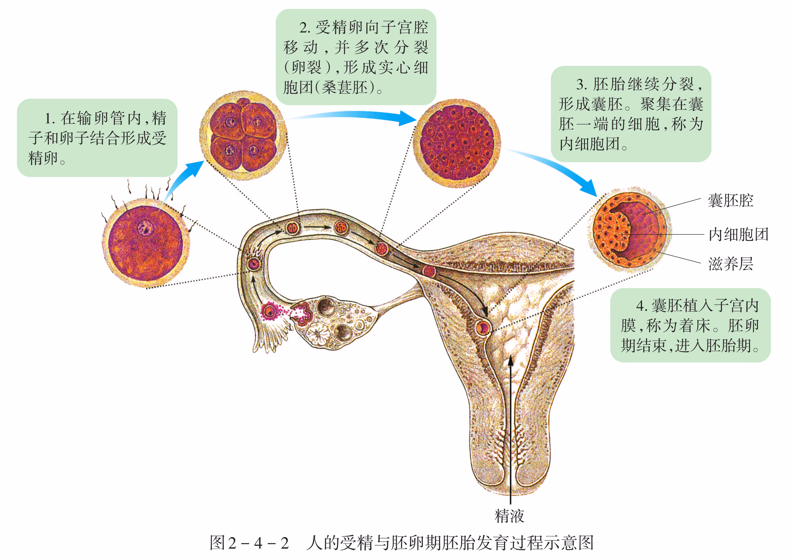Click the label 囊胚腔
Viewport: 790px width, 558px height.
tap(730, 201)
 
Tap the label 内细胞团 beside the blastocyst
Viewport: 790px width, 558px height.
tap(738, 234)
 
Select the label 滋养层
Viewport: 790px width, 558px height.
tap(730, 264)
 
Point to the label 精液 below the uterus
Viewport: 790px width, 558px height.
tap(509, 516)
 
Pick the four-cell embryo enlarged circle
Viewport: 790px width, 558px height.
tap(243, 135)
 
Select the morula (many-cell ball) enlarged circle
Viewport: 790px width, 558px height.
tap(457, 143)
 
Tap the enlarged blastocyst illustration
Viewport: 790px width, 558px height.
tap(629, 230)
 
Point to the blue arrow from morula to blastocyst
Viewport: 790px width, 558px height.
tap(557, 169)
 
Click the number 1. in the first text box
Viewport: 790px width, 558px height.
tap(50, 119)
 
